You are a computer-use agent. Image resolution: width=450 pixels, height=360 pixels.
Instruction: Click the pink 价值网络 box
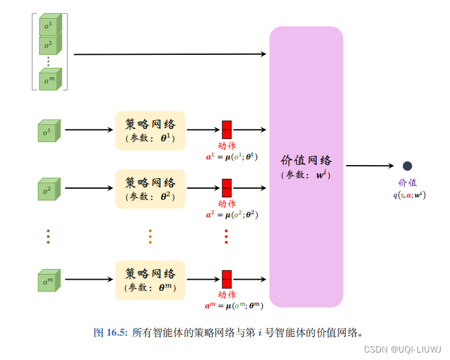pos(306,166)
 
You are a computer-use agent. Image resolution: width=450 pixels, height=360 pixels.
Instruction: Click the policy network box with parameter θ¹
pos(151,130)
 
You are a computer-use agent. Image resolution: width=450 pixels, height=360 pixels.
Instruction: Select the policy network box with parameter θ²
pos(151,188)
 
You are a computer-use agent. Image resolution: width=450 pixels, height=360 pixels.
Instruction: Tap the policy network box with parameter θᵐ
pos(151,280)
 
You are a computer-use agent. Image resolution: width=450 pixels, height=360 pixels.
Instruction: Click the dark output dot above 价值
pos(407,166)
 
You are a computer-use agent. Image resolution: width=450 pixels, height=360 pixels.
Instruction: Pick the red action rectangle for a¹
pos(227,130)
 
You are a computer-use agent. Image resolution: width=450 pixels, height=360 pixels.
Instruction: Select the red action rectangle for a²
pos(227,187)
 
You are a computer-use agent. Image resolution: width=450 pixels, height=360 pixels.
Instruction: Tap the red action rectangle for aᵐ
pos(227,279)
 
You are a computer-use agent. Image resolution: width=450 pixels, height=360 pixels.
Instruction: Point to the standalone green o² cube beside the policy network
pos(47,189)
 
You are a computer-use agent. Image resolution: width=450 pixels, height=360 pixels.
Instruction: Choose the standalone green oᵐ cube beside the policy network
pos(47,280)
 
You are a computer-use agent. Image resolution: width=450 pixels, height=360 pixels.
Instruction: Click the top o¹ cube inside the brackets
pos(48,26)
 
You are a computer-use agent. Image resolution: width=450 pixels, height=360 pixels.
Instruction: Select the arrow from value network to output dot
pos(370,166)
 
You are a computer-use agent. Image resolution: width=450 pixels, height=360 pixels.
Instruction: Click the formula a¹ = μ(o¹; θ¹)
pos(232,156)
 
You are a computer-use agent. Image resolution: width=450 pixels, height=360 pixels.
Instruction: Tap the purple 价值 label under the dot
pos(408,182)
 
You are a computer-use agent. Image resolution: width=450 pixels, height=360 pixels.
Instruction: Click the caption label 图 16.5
pos(110,333)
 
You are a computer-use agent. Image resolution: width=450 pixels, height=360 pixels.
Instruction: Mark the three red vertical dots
pos(226,237)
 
